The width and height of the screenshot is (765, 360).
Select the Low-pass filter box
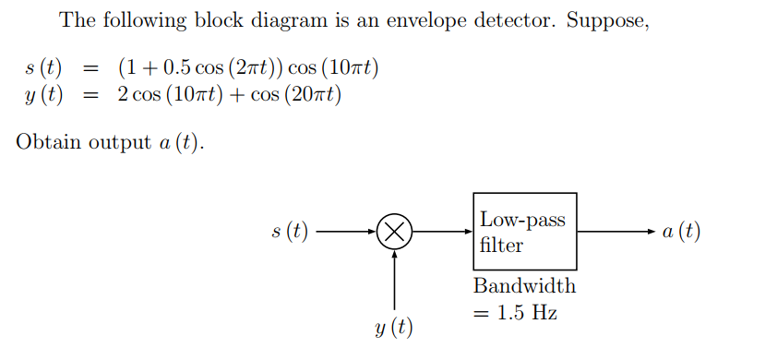click(524, 232)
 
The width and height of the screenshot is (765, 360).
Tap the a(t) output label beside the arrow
click(681, 232)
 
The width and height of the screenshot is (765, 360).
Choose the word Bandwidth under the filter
click(523, 285)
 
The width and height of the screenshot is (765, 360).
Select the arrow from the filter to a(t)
click(616, 232)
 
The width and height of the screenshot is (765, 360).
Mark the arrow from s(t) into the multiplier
click(347, 232)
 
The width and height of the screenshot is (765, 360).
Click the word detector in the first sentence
click(502, 19)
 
